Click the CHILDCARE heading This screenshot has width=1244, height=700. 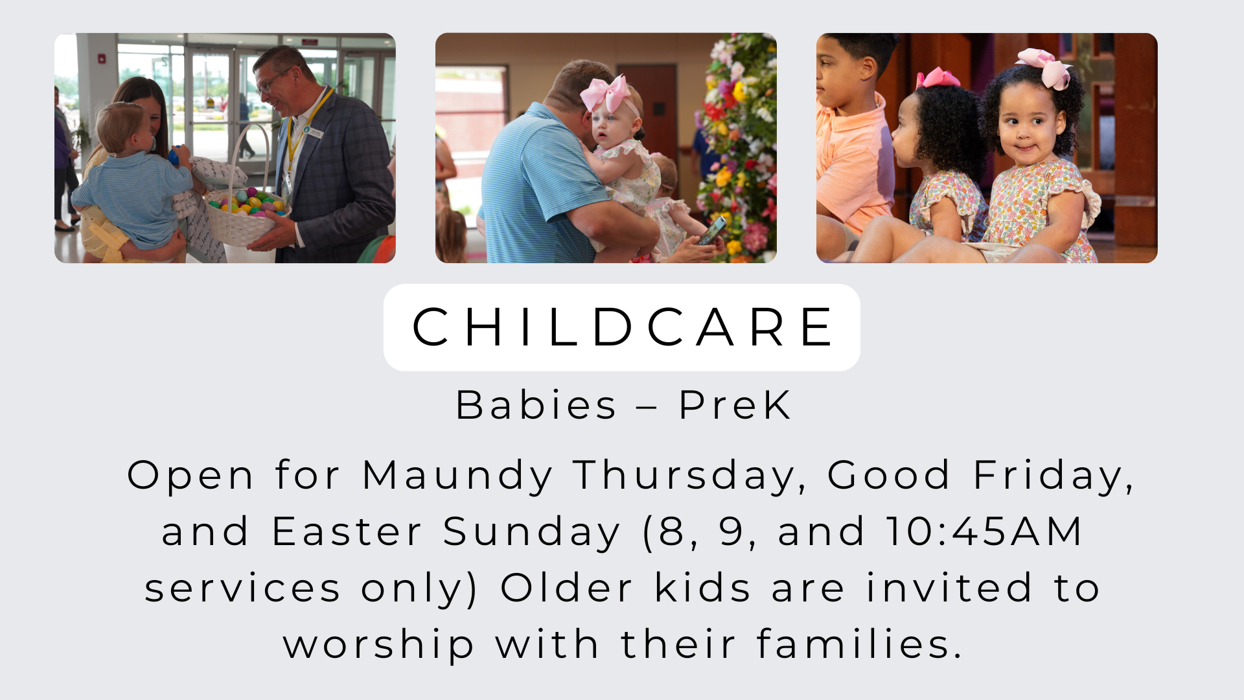pyautogui.click(x=622, y=327)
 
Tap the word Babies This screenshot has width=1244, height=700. pyautogui.click(x=536, y=406)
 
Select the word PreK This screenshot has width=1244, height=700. pyautogui.click(x=735, y=406)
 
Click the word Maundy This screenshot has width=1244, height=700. pyautogui.click(x=457, y=476)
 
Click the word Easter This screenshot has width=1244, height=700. pyautogui.click(x=347, y=532)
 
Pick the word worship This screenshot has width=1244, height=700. pyautogui.click(x=378, y=645)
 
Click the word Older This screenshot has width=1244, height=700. pyautogui.click(x=566, y=589)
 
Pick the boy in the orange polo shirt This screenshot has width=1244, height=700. pyautogui.click(x=849, y=149)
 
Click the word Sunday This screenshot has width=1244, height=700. pyautogui.click(x=531, y=532)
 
